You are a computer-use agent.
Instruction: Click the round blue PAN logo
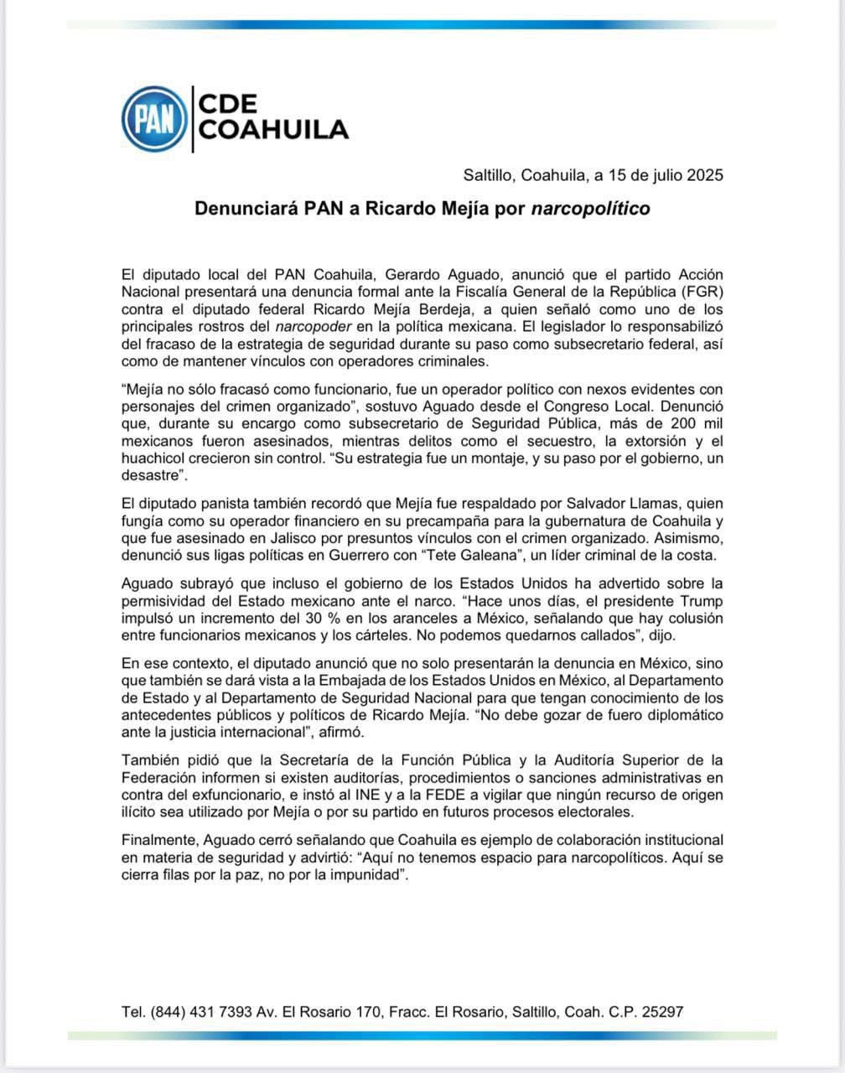click(x=154, y=119)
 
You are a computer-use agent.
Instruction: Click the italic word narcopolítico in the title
click(x=591, y=208)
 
